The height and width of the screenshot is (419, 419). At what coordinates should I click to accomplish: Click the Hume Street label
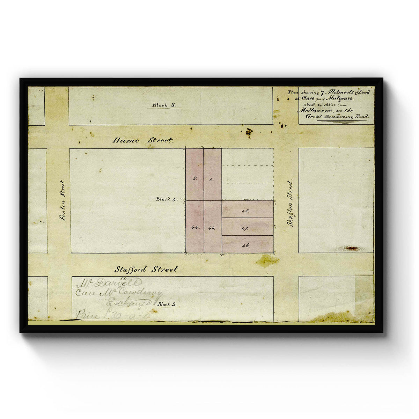[142, 140]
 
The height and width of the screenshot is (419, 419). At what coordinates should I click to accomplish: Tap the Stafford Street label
[146, 270]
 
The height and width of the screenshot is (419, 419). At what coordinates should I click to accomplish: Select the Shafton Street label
[290, 203]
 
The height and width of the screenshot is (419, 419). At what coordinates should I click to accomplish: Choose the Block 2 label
[164, 304]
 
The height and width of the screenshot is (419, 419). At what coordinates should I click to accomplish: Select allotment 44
[194, 227]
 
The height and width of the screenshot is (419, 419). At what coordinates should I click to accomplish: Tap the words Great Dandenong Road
[337, 116]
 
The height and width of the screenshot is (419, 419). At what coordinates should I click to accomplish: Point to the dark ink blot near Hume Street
[249, 132]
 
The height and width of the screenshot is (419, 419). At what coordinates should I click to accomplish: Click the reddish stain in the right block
[351, 248]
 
